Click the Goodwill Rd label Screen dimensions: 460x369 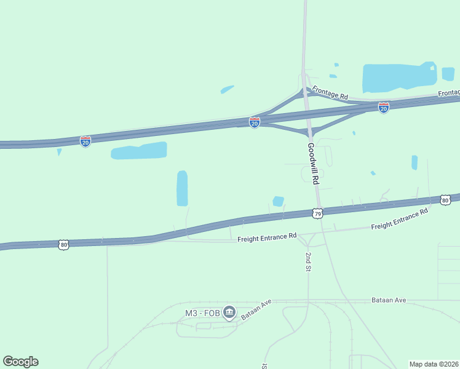314,164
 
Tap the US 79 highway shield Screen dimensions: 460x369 317,213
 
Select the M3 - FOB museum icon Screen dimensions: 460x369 229,313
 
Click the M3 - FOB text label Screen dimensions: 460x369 202,313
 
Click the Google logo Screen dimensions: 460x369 20,362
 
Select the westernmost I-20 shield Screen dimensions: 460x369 85,141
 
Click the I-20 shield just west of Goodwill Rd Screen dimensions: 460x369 254,122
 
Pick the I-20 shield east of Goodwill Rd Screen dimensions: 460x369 384,108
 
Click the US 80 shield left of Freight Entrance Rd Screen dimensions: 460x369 64,245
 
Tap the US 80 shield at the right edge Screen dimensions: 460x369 445,200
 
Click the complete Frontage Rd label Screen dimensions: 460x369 330,93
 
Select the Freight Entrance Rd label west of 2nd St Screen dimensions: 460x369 267,236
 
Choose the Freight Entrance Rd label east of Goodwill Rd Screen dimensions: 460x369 399,220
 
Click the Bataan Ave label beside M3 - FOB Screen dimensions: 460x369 256,311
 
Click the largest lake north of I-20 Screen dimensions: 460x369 399,77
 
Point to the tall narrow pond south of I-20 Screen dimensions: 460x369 182,188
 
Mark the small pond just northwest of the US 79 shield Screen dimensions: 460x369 278,201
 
